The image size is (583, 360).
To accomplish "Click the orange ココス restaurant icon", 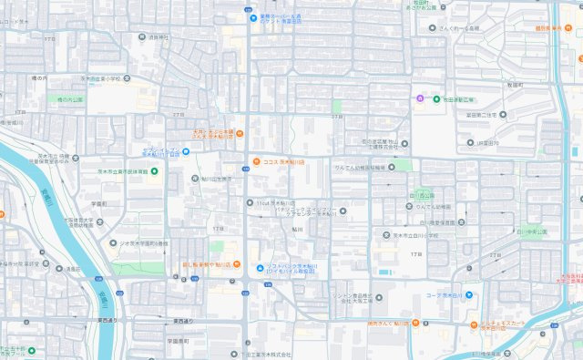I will point(257,161).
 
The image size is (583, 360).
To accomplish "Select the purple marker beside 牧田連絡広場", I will point(419,98).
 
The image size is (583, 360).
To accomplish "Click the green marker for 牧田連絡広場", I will point(436,98).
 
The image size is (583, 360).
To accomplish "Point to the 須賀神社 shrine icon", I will point(142,38).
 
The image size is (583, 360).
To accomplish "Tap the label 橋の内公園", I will point(70,99).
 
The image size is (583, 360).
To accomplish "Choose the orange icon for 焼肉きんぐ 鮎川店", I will point(414,323).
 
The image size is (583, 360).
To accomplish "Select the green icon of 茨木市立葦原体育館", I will point(154,171).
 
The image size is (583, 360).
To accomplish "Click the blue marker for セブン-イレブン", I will point(186,151).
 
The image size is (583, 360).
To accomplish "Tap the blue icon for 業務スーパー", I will point(253,17).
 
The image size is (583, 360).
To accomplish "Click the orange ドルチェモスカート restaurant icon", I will point(475,324).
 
